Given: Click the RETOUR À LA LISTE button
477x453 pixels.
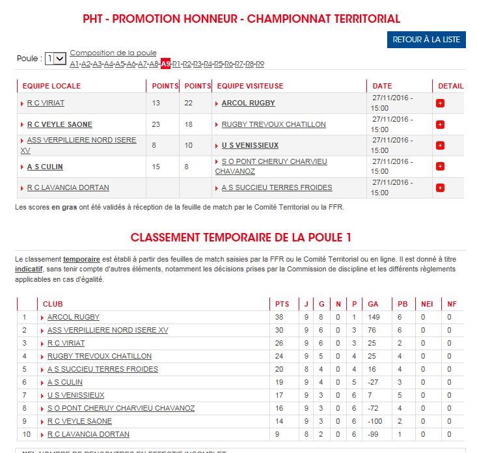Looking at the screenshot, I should click(x=426, y=40).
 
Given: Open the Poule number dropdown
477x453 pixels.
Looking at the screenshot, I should click(x=56, y=59).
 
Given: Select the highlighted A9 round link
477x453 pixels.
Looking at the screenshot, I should click(x=166, y=64).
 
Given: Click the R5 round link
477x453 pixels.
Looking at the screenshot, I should click(x=219, y=64).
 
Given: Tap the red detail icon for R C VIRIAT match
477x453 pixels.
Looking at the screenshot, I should click(x=440, y=103).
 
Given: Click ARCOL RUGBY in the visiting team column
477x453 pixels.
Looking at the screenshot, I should click(x=248, y=103).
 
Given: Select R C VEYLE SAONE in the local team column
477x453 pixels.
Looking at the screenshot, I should click(x=59, y=124).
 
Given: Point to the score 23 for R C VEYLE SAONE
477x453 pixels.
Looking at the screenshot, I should click(x=156, y=124).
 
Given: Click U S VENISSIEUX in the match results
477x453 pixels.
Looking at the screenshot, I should click(x=250, y=145).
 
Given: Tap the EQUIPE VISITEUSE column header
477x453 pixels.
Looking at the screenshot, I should click(x=250, y=86).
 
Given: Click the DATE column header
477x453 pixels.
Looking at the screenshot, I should click(x=382, y=86).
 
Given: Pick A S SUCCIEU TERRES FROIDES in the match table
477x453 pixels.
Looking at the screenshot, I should click(x=277, y=187).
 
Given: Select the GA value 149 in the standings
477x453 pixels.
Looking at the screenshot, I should click(x=373, y=317).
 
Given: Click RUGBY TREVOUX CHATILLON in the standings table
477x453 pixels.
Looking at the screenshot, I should click(x=99, y=356).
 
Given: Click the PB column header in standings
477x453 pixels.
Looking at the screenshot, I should click(x=403, y=303).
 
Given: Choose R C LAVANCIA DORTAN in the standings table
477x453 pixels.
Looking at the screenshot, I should click(x=88, y=434).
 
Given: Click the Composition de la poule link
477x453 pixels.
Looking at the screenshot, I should click(x=113, y=53).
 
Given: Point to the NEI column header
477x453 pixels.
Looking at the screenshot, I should click(x=427, y=303).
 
